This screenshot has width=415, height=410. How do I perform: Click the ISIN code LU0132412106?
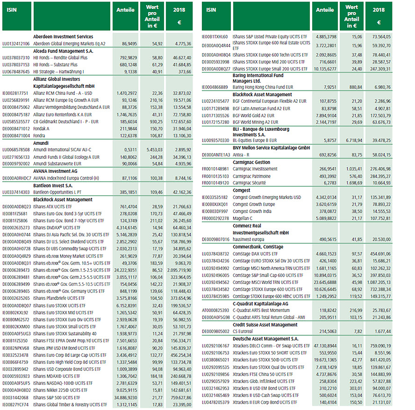(x=16, y=43)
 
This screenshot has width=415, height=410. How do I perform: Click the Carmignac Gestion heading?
(x=252, y=162)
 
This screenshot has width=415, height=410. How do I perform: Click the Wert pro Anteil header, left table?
(x=153, y=16)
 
